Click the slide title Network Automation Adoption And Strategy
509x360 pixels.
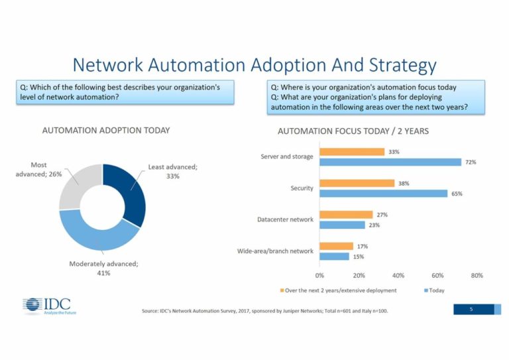point(254,65)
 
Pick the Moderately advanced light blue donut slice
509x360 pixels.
point(93,231)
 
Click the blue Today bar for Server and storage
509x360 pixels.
point(390,162)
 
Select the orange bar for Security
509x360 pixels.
point(357,183)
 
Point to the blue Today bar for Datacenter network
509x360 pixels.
point(342,225)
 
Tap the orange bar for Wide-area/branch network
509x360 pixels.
point(336,246)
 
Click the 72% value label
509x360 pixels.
point(471,162)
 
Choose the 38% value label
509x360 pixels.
point(404,183)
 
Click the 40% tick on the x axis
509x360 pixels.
point(398,275)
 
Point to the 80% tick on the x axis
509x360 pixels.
point(477,275)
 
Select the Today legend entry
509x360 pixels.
point(435,290)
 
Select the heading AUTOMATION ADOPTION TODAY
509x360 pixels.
point(106,131)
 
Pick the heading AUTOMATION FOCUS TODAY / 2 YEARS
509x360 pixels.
point(353,131)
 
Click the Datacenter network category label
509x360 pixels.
point(285,219)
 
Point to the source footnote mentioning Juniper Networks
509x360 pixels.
point(264,311)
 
